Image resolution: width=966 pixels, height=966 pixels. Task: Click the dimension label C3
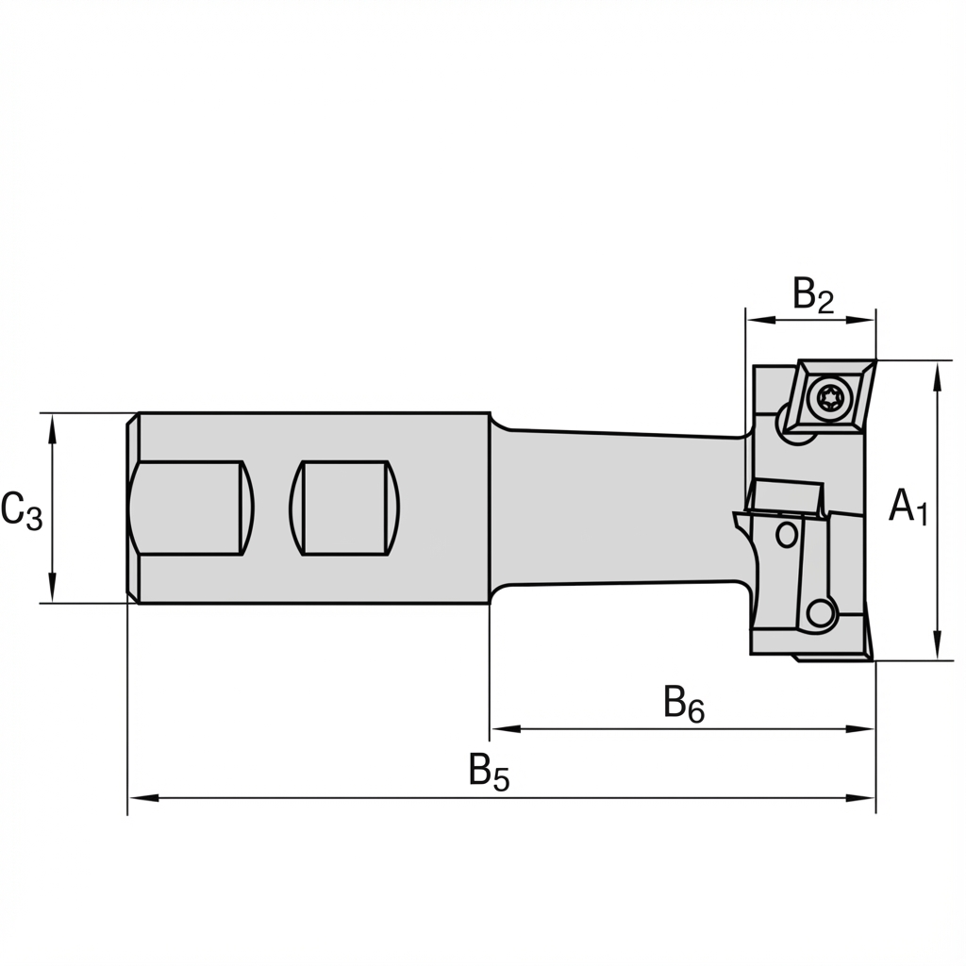(22, 510)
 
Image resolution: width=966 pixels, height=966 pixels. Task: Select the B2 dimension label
(813, 295)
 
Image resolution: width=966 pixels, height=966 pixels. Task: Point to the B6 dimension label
(684, 705)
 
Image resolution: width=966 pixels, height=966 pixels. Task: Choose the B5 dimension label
(489, 773)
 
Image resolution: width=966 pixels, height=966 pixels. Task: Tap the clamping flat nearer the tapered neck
(344, 508)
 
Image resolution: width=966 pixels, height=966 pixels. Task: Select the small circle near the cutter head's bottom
(821, 614)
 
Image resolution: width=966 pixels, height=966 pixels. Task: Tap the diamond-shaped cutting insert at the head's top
(830, 396)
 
